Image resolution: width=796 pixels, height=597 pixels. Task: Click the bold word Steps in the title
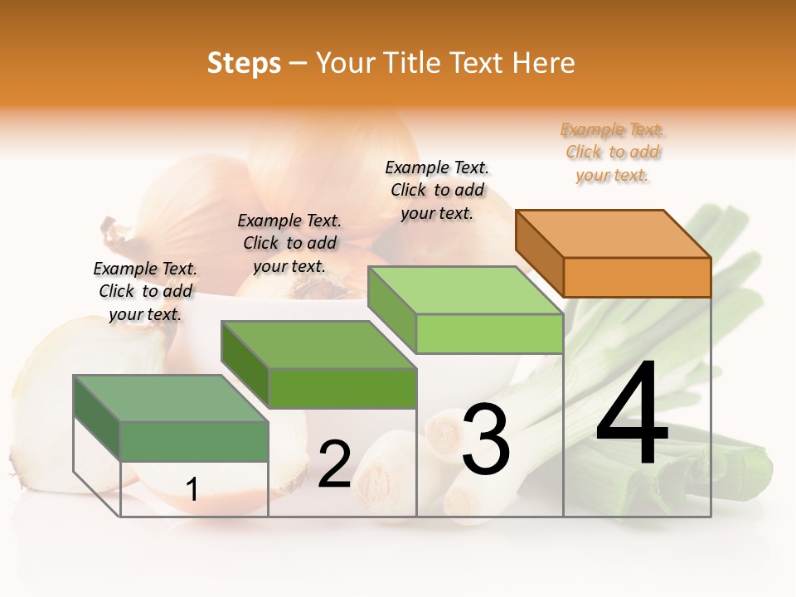[244, 63]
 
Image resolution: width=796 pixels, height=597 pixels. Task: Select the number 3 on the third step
[485, 439]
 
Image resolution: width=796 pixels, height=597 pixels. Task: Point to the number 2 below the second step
[334, 464]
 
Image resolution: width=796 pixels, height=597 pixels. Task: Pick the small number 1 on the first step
[192, 489]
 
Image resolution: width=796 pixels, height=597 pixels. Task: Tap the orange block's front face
[637, 277]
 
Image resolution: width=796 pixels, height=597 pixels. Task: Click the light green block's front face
[489, 334]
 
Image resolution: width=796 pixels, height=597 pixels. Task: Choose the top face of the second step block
[318, 344]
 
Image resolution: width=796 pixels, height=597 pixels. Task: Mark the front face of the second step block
[342, 388]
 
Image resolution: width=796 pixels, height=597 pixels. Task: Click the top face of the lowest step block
[171, 398]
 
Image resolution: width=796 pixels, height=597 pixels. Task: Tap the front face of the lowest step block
[194, 441]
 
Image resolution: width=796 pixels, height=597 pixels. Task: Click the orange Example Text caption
[612, 152]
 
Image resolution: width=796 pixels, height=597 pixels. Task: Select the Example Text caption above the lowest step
[145, 291]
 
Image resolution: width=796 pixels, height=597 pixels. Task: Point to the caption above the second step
[289, 243]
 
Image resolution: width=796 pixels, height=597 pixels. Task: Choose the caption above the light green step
[437, 190]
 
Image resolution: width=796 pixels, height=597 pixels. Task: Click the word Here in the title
[544, 63]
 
